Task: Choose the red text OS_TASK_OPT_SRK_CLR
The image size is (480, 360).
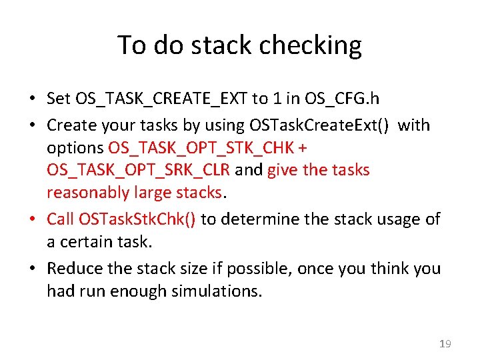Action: tap(138, 170)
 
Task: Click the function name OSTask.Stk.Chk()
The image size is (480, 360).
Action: tap(137, 219)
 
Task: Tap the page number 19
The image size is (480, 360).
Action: tap(445, 344)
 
